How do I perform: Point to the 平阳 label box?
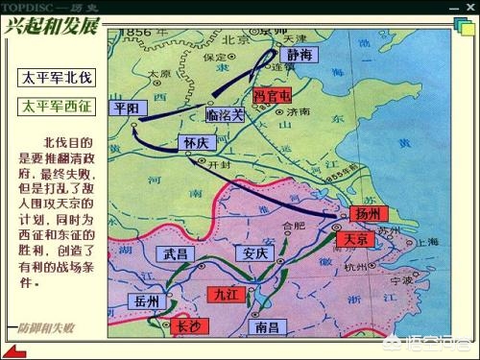pyautogui.click(x=128, y=108)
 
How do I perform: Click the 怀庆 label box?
pyautogui.click(x=195, y=142)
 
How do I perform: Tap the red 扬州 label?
pyautogui.click(x=368, y=213)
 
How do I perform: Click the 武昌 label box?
pyautogui.click(x=177, y=254)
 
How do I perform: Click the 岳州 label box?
pyautogui.click(x=148, y=300)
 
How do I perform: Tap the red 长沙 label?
pyautogui.click(x=189, y=326)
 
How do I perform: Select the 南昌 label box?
pyautogui.click(x=269, y=326)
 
